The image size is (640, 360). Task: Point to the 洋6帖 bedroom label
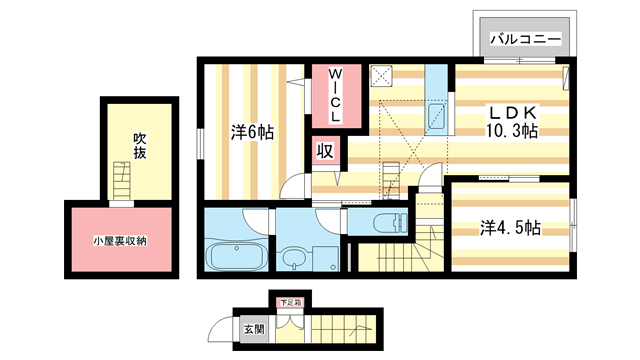point(252,131)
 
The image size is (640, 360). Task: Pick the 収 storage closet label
point(325,151)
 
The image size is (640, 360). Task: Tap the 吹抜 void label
point(140,146)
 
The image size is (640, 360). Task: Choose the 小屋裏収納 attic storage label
point(121,241)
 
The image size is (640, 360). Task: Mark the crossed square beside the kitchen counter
point(381,75)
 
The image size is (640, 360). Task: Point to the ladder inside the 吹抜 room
point(121,184)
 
